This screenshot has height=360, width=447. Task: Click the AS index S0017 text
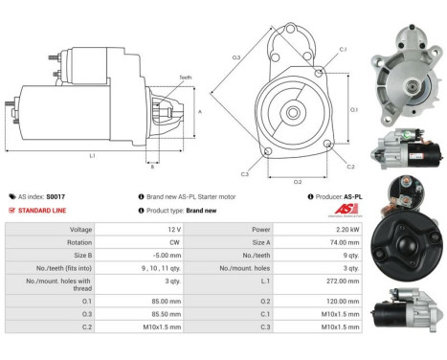(45, 195)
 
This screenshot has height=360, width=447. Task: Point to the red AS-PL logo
(352, 210)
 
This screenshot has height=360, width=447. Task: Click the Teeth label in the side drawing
(185, 78)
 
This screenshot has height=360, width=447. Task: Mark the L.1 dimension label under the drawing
(92, 154)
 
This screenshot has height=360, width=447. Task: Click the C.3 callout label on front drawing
(245, 174)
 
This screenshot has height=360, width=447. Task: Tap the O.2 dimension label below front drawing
(297, 181)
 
